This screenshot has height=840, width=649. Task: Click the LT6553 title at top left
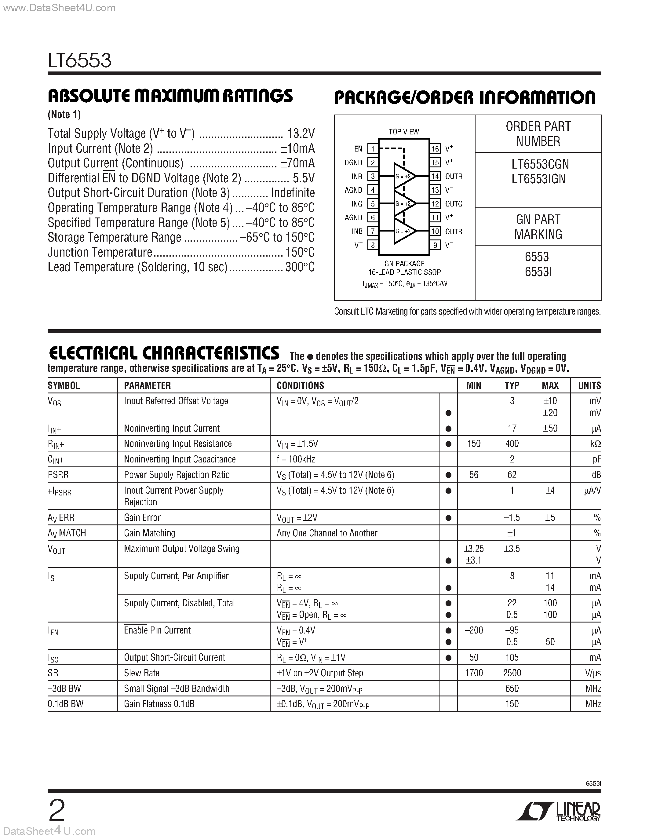click(80, 61)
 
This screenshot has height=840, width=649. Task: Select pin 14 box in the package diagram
click(435, 176)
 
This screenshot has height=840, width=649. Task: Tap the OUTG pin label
click(454, 204)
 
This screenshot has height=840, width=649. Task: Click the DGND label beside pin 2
click(353, 163)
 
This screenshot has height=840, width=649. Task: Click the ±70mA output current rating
click(297, 163)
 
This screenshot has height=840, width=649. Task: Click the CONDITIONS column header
click(300, 385)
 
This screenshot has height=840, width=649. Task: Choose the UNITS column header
click(589, 385)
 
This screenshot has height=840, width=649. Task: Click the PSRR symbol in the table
click(58, 475)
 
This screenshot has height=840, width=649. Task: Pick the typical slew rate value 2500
click(512, 673)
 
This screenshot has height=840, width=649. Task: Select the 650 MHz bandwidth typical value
click(512, 688)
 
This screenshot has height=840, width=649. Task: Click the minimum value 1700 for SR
click(474, 673)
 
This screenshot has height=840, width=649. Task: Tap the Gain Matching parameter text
click(150, 533)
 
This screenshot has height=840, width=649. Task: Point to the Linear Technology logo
click(558, 812)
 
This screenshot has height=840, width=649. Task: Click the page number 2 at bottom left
click(57, 811)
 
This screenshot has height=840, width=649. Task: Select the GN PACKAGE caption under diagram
click(404, 264)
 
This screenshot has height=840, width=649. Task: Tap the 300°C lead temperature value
click(300, 267)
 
